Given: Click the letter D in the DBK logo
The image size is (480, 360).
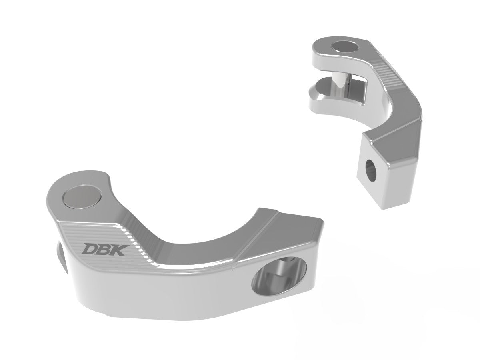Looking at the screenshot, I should click(x=88, y=249).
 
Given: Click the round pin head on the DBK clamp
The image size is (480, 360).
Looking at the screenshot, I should click(x=82, y=198).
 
